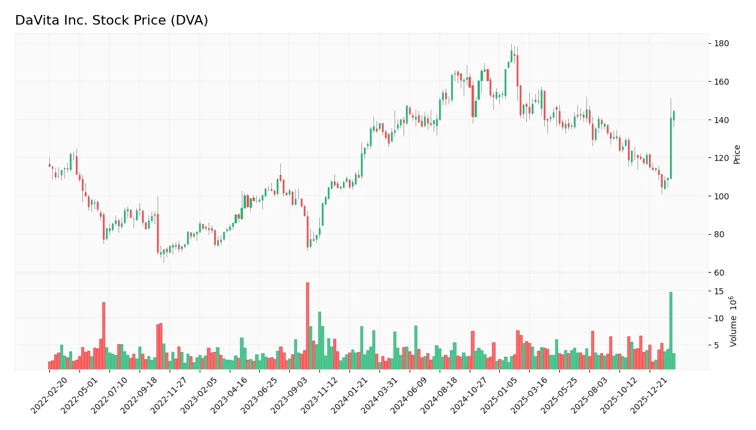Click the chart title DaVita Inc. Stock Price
tap(111, 20)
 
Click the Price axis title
tap(737, 154)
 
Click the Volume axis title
tap(734, 321)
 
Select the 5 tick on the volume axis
tap(717, 345)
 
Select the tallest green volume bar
tap(671, 330)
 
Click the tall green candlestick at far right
tap(671, 148)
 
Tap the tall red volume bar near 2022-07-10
tap(103, 335)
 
